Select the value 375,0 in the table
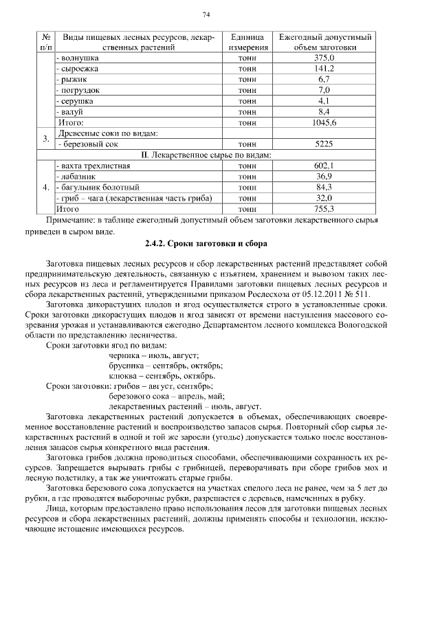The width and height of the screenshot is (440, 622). tap(324, 58)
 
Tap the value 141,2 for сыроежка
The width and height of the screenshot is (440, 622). tap(324, 69)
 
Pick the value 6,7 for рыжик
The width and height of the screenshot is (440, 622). tap(324, 80)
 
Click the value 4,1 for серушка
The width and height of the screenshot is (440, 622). tap(324, 101)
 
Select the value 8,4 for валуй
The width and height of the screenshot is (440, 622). tap(324, 111)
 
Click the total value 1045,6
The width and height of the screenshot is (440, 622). tap(324, 122)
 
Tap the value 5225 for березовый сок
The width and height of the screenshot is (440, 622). tap(324, 144)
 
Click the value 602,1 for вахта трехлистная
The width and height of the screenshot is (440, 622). tap(324, 166)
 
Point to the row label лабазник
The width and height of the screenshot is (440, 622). tap(78, 176)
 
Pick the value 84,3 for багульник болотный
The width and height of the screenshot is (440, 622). tap(324, 187)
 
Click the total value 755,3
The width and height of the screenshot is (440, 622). tap(324, 208)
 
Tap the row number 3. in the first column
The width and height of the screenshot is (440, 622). tap(45, 139)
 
